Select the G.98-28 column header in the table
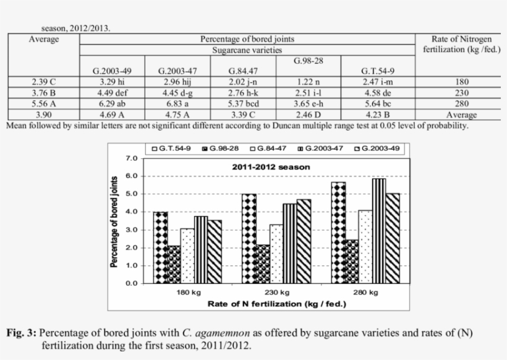pos(310,61)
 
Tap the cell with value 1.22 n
pos(310,82)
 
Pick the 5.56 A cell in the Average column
pos(44,104)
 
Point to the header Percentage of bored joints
pos(247,39)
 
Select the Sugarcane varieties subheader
pos(247,49)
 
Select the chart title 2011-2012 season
pos(271,167)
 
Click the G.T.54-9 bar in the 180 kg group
pos(160,247)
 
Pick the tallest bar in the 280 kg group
pos(362,231)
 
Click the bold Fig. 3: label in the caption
pos(21,333)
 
